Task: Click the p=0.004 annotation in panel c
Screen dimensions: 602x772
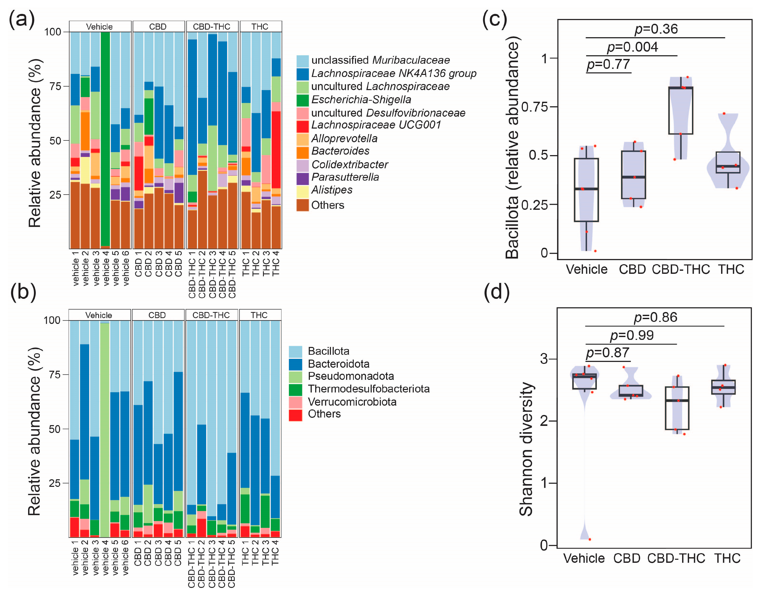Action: pyautogui.click(x=632, y=47)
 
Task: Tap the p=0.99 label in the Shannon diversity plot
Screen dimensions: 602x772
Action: pyautogui.click(x=632, y=335)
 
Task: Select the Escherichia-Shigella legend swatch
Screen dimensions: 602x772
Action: pyautogui.click(x=303, y=100)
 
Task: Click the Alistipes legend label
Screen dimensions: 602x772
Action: pyautogui.click(x=332, y=190)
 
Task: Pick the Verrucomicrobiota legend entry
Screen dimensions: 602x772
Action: pyautogui.click(x=352, y=402)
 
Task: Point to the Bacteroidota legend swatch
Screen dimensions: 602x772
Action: pyautogui.click(x=295, y=364)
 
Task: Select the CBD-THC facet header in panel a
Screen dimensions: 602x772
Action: pyautogui.click(x=211, y=27)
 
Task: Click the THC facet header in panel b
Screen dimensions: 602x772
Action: pyautogui.click(x=259, y=315)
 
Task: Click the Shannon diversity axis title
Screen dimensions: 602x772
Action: pyautogui.click(x=526, y=449)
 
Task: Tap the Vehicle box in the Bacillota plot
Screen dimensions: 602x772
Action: pyautogui.click(x=586, y=190)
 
